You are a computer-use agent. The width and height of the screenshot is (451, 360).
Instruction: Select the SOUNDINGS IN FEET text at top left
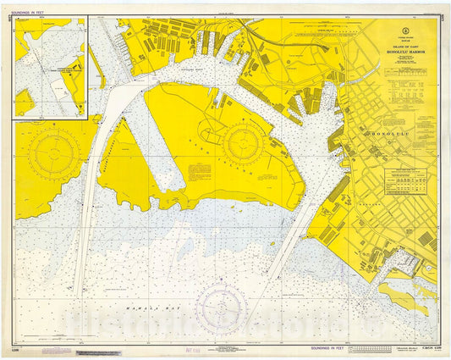pyautogui.click(x=36, y=13)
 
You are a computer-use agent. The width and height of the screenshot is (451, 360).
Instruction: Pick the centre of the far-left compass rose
pyautogui.click(x=54, y=156)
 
